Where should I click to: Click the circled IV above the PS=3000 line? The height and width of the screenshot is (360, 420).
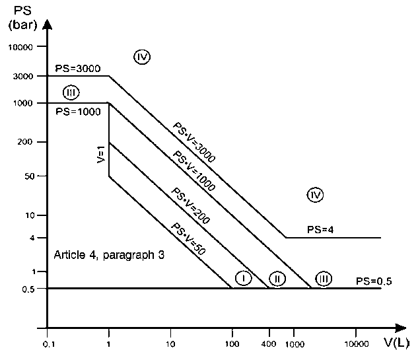pos(142,57)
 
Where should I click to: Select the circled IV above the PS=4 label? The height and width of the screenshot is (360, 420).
pos(315,195)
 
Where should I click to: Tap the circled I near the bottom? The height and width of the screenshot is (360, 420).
pos(243,278)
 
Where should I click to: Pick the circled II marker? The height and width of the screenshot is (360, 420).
pos(277,279)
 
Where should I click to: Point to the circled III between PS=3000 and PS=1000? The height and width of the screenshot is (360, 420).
pos(71,92)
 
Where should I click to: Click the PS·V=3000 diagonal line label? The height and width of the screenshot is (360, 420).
pos(194,142)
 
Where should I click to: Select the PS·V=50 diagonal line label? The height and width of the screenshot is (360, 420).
pos(188,238)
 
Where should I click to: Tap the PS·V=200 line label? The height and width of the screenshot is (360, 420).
pos(191,205)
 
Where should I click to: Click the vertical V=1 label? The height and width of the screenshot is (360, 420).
pos(101,155)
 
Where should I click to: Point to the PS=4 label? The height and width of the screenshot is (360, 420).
pos(320,230)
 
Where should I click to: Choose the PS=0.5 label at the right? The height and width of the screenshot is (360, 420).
pos(374,281)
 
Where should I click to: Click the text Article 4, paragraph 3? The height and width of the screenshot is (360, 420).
pos(109,255)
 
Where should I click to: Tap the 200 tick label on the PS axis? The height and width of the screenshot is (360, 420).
pos(25,142)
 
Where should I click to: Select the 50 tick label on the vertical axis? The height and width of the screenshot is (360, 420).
pos(30,176)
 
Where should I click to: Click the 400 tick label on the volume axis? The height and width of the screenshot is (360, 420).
pos(269,343)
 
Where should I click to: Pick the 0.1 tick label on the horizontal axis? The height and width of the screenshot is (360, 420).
pos(49,344)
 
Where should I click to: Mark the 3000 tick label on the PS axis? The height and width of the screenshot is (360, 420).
pos(23,77)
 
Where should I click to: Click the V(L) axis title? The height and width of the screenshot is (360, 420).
pos(397,343)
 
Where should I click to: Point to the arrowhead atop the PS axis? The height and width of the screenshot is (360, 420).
pos(47,24)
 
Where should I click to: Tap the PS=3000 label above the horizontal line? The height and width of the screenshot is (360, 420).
pos(78,68)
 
